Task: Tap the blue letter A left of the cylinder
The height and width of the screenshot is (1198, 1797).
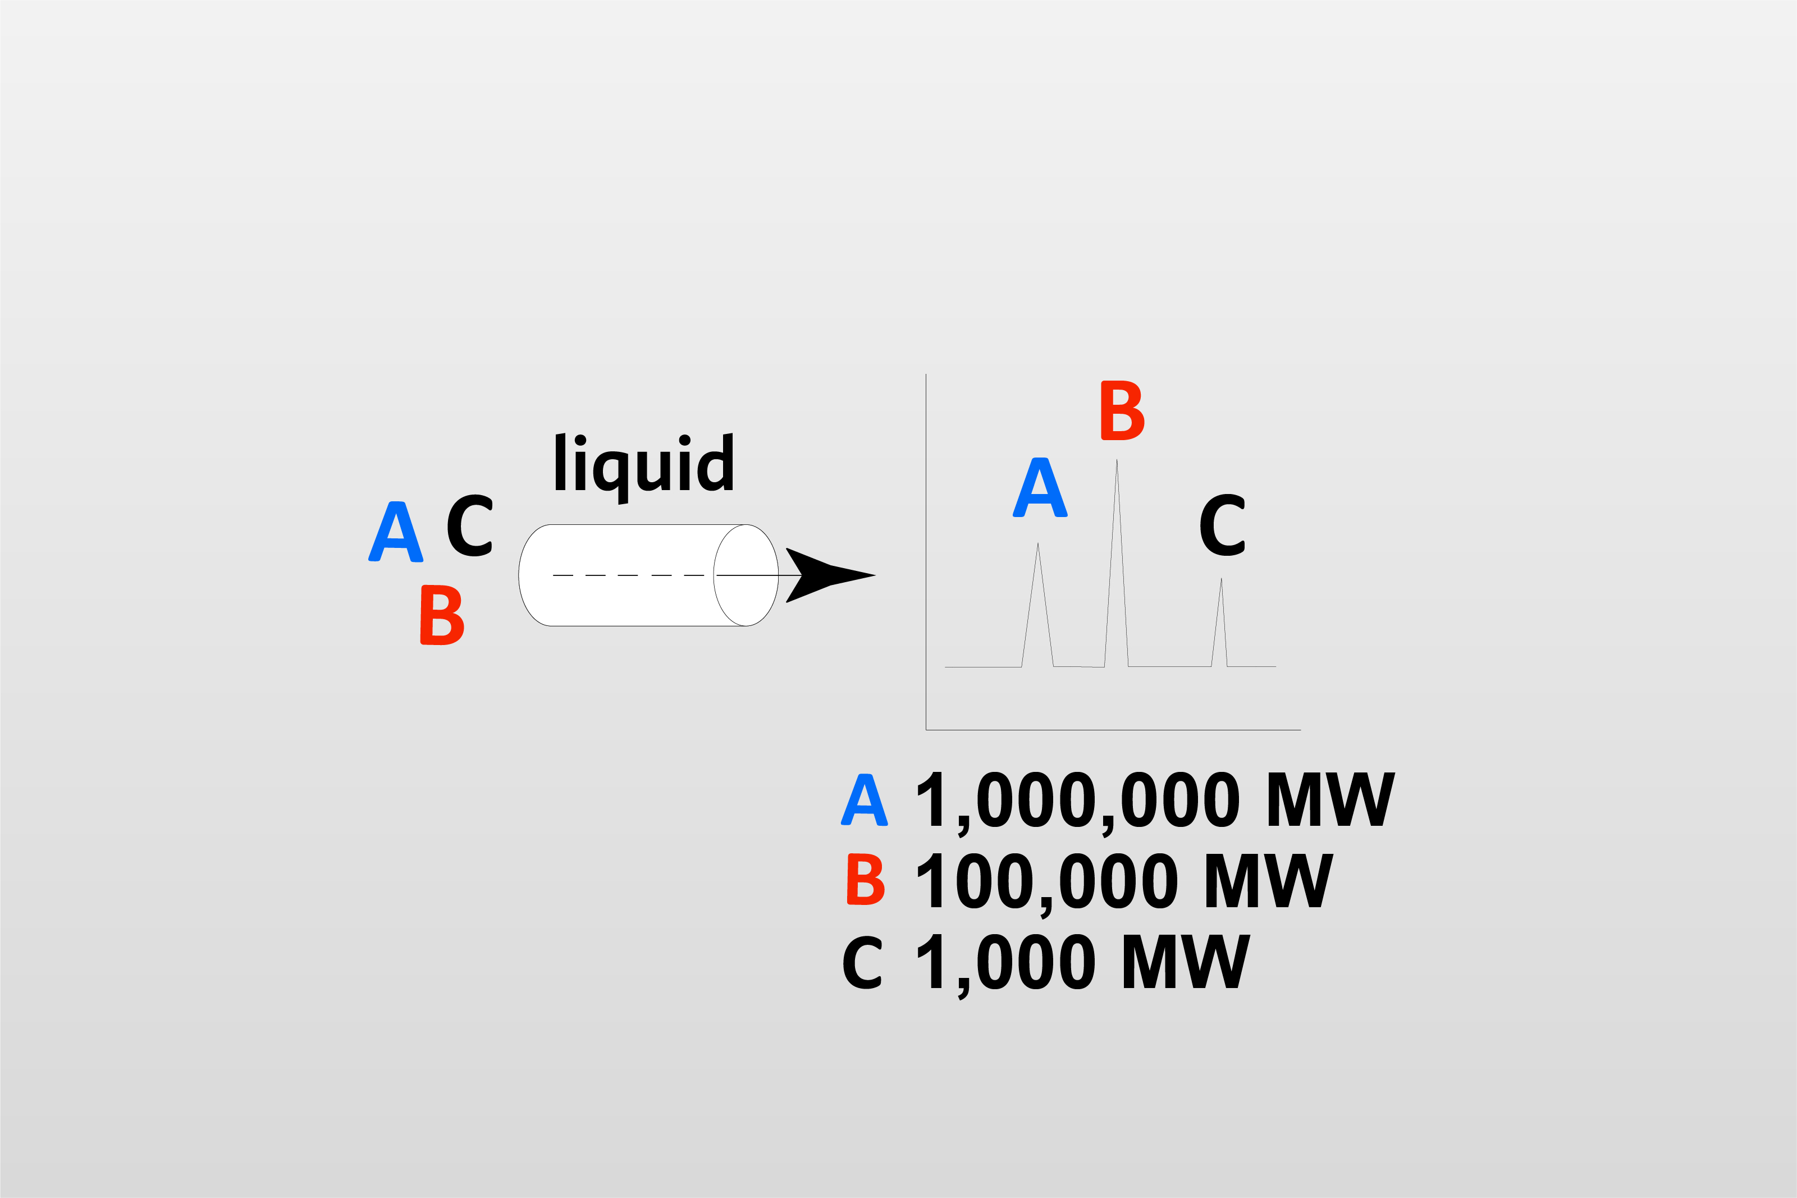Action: pyautogui.click(x=396, y=533)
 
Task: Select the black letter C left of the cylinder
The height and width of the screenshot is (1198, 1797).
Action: pyautogui.click(x=469, y=525)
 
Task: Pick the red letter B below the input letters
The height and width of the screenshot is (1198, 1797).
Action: pyautogui.click(x=442, y=615)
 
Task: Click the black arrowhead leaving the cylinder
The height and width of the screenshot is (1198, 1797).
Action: pyautogui.click(x=830, y=575)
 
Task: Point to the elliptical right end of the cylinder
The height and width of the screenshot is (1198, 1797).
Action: pyautogui.click(x=746, y=575)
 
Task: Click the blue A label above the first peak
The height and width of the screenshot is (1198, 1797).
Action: pyautogui.click(x=1040, y=487)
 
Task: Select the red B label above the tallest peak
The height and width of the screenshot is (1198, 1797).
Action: pyautogui.click(x=1122, y=410)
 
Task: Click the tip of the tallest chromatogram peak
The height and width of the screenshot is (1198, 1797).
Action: pyautogui.click(x=1117, y=461)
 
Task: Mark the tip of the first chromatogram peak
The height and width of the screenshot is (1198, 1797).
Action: pyautogui.click(x=1037, y=545)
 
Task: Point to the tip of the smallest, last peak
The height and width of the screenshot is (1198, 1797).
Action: pyautogui.click(x=1221, y=580)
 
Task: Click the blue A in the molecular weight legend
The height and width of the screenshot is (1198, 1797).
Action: pyautogui.click(x=864, y=800)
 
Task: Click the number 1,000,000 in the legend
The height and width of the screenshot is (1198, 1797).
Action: pyautogui.click(x=1078, y=801)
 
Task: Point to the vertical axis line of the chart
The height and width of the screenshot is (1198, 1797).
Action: pyautogui.click(x=926, y=550)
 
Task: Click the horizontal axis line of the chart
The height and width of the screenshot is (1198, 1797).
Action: pyautogui.click(x=1113, y=730)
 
